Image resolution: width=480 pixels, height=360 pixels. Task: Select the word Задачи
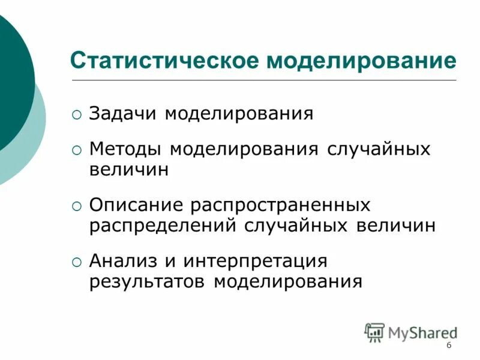point(124,113)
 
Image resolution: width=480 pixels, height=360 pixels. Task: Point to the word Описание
point(136,205)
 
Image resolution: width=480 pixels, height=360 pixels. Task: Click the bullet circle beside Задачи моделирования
point(76,114)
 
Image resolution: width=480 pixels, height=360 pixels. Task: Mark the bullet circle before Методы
point(76,149)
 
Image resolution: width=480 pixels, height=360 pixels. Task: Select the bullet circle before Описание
point(76,206)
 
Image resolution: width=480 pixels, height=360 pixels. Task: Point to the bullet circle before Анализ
point(76,262)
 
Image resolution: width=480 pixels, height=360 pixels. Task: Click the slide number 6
point(449,346)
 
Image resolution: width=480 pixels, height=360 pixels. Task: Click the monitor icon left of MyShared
point(374,332)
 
